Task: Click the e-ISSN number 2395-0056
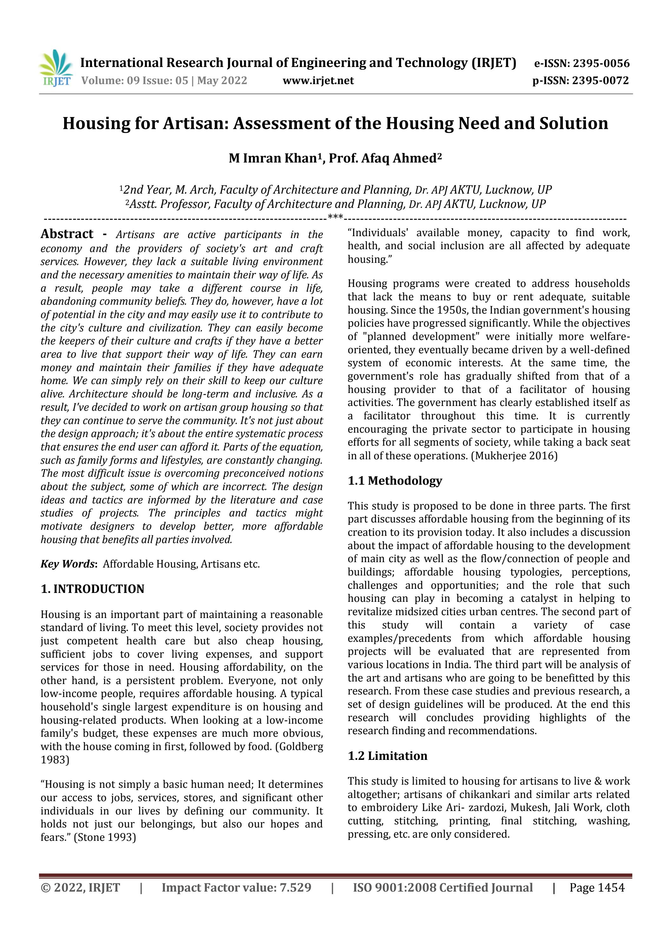(x=601, y=64)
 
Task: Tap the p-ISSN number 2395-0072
(x=600, y=81)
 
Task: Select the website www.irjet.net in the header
(x=318, y=81)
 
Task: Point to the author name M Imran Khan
(x=273, y=158)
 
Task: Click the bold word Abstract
(x=67, y=234)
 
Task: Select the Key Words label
(x=68, y=564)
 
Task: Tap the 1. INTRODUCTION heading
(x=92, y=589)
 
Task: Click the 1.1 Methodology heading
(x=395, y=481)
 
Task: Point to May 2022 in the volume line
(x=222, y=81)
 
